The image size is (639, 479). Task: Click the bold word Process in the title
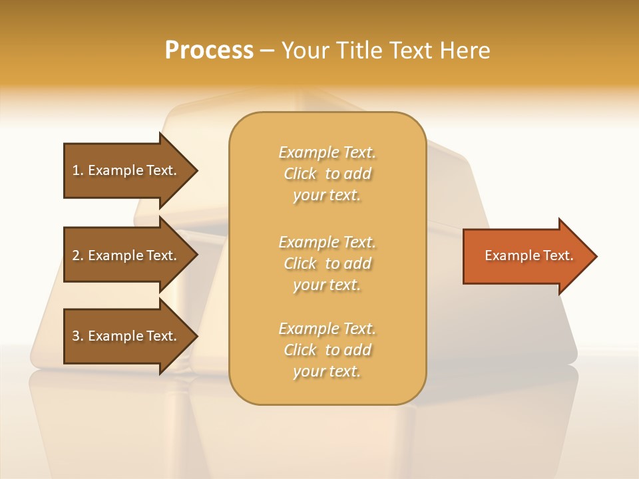[x=209, y=51]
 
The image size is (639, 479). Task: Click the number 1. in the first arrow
[x=78, y=170]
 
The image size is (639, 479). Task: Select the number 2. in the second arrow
[x=78, y=255]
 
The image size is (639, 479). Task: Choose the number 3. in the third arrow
[x=78, y=336]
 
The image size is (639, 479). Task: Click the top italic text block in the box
[x=327, y=174]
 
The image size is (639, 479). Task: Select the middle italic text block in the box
[x=327, y=263]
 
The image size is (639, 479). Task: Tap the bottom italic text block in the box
[x=327, y=350]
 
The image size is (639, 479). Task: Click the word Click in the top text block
[x=300, y=174]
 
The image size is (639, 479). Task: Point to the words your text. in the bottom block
[x=327, y=371]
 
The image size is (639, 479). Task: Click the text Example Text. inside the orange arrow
[x=529, y=255]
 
